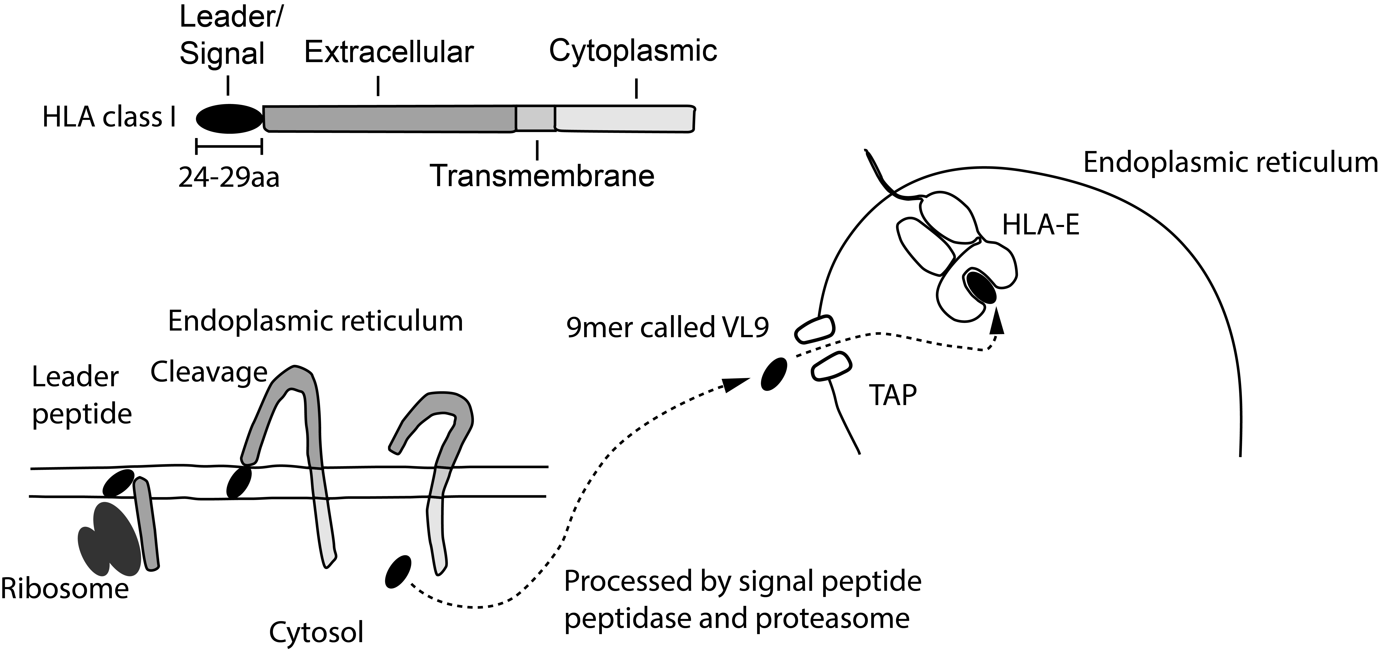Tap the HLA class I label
(x=109, y=117)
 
